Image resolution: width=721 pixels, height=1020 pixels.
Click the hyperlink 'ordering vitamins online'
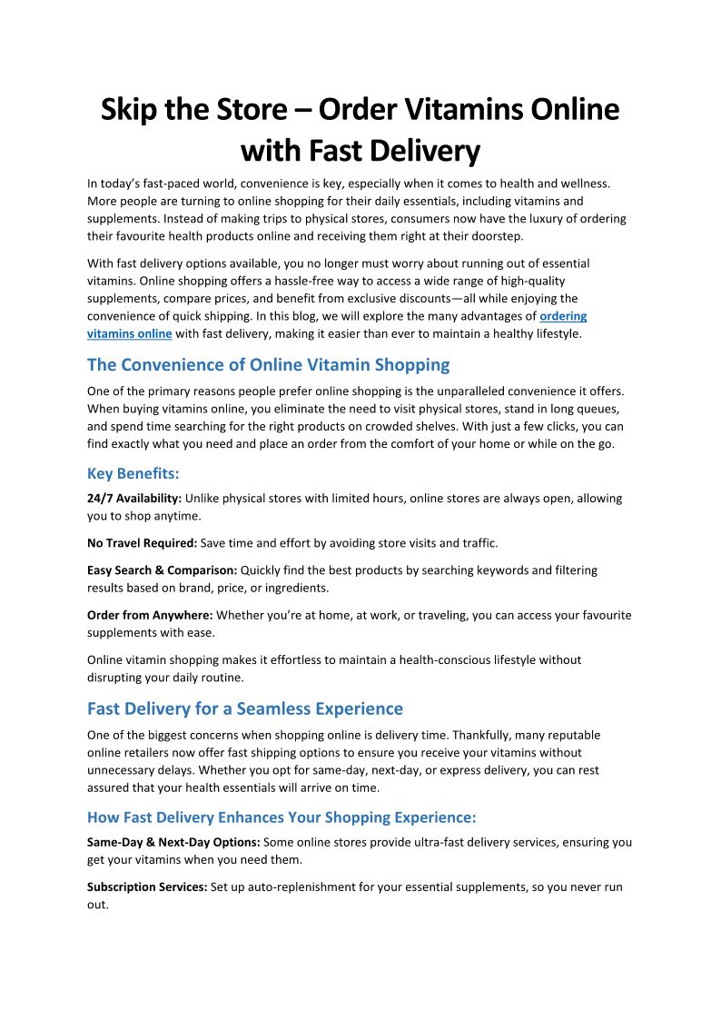click(x=563, y=316)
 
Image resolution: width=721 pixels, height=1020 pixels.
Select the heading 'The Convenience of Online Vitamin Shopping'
click(x=268, y=364)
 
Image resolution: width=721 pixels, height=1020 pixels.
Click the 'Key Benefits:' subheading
click(x=132, y=473)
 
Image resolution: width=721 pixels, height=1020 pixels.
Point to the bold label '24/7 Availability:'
click(x=134, y=499)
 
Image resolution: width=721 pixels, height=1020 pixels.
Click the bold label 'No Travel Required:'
click(x=142, y=543)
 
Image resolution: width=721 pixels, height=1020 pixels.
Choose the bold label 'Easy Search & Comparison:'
click(x=162, y=570)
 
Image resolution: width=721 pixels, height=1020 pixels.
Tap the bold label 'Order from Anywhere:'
click(x=150, y=615)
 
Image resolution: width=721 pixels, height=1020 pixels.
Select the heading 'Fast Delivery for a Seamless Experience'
click(x=245, y=708)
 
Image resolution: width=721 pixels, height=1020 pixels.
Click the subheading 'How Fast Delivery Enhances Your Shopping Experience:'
click(x=281, y=817)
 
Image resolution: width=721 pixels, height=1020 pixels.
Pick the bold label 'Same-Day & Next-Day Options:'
click(x=173, y=842)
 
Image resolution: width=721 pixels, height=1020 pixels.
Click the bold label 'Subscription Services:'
click(x=147, y=887)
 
